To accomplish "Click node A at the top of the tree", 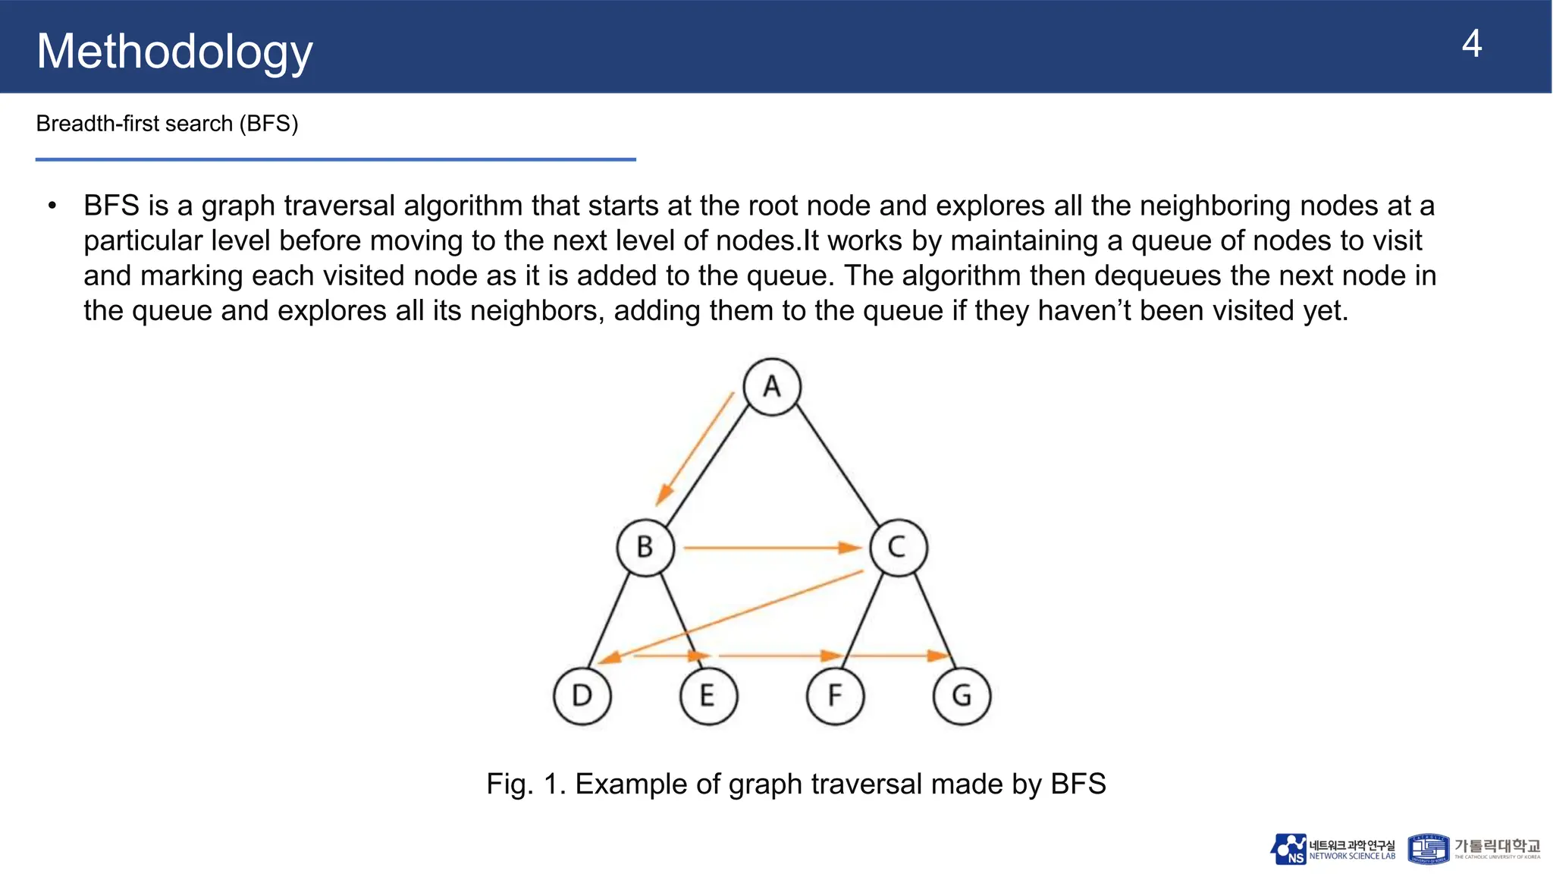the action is click(x=772, y=387).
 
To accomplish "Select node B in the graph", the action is click(x=645, y=547).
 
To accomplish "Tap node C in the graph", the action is click(x=898, y=547).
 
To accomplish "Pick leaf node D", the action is click(x=582, y=696).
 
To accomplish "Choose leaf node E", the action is click(x=708, y=696).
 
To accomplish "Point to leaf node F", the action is click(x=835, y=696).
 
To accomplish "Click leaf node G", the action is click(x=962, y=696).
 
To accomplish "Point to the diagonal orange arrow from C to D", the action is click(x=732, y=616).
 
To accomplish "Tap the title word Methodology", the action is click(x=174, y=52).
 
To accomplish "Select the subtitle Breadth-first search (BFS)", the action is click(x=167, y=124).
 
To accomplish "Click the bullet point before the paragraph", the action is click(x=52, y=206).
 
